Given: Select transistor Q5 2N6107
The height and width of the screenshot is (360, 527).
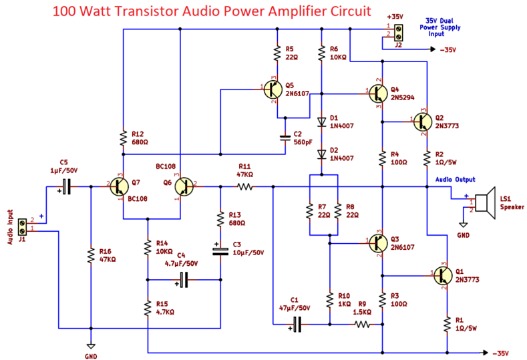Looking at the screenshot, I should pos(273,92).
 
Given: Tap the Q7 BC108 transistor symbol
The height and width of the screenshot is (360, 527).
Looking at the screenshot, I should pos(120,187).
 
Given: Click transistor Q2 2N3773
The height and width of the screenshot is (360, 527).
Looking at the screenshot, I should pos(421,122).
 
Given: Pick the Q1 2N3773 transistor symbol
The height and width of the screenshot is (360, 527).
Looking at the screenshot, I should pos(442,275).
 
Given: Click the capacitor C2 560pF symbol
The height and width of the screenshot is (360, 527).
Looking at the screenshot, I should pos(286,138).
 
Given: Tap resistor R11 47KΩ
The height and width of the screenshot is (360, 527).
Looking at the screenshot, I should pos(244,187).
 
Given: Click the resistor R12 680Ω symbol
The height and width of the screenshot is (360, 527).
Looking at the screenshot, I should pos(123,138).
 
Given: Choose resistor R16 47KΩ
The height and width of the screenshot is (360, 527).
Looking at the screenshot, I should pos(90,255).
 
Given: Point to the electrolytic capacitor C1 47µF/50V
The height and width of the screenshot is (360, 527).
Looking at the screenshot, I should pos(298,325).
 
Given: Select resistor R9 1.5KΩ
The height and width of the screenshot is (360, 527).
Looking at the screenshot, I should pos(361,325).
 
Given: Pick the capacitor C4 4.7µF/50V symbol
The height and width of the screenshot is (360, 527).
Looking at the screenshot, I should pos(184,281).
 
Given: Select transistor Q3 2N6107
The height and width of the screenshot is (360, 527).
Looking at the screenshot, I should pos(377,244).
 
